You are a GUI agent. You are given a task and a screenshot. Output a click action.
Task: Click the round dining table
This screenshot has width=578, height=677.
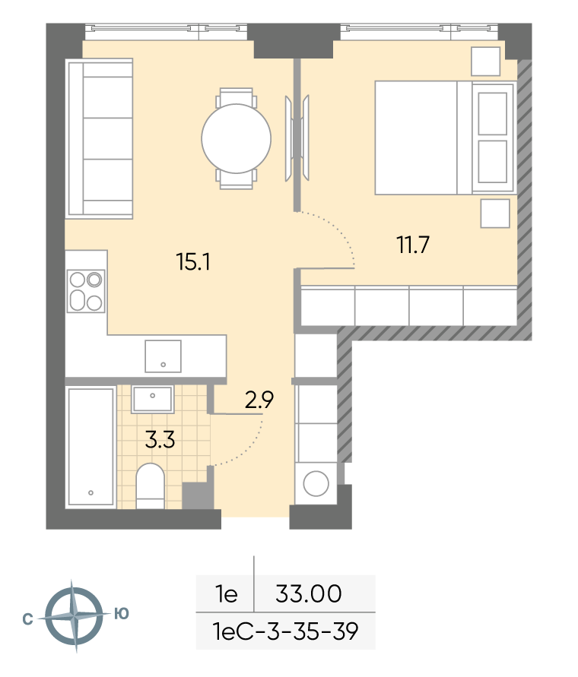click(x=236, y=138)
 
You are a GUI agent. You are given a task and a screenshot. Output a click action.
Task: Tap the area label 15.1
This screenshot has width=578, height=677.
click(x=193, y=261)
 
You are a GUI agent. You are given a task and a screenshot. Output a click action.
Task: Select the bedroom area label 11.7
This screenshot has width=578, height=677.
click(x=413, y=245)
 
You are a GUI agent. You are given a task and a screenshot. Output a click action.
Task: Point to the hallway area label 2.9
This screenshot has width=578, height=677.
click(x=259, y=400)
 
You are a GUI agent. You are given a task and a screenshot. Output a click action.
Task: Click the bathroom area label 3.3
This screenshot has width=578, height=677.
click(x=160, y=440)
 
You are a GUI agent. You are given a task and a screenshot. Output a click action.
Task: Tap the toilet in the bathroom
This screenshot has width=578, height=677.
click(x=150, y=486)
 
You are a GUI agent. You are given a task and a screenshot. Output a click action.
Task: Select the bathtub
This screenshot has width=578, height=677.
click(x=91, y=447)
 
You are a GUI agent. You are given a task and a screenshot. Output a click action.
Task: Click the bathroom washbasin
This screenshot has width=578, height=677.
click(x=153, y=399)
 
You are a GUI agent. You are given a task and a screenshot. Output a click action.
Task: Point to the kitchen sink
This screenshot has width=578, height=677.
click(x=163, y=356)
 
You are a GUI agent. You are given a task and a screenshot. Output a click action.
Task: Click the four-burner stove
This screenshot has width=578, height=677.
click(x=86, y=291)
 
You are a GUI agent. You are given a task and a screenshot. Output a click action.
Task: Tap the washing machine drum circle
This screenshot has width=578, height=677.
click(x=316, y=483)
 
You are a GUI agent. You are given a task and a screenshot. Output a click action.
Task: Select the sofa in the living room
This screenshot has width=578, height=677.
click(x=99, y=138)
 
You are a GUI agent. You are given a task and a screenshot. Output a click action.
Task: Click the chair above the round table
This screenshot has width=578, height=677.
click(x=236, y=96)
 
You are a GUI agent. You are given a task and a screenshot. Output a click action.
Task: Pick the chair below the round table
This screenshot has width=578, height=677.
click(x=236, y=179)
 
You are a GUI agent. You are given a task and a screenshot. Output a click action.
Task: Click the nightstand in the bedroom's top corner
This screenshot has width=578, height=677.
click(x=485, y=62)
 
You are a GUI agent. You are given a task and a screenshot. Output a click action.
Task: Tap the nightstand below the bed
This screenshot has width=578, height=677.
click(x=495, y=214)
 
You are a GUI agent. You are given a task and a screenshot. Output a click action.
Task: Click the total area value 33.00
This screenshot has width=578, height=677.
click(x=309, y=593)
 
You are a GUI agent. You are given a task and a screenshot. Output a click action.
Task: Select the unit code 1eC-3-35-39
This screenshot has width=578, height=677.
click(x=286, y=631)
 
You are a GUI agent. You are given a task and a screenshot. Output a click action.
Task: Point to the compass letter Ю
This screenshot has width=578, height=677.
click(x=122, y=613)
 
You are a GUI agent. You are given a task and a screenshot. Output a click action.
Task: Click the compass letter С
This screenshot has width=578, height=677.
click(x=27, y=619)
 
